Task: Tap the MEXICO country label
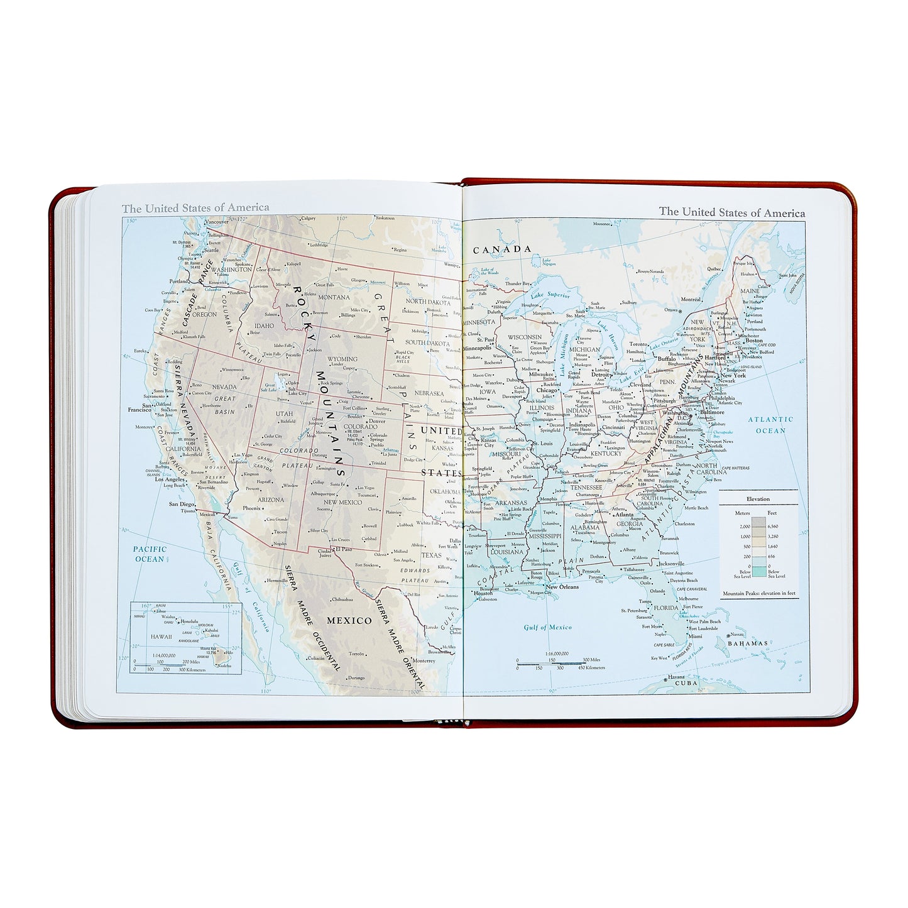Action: click(349, 620)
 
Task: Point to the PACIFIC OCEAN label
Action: click(150, 554)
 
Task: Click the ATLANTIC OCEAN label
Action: click(770, 425)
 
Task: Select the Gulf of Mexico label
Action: click(548, 627)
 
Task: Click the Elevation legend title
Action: click(758, 499)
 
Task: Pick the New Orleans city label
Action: click(561, 588)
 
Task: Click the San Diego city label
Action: click(182, 504)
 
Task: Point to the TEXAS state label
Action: click(432, 555)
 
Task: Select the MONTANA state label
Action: click(334, 297)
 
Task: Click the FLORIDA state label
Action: click(666, 608)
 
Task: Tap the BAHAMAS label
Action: click(747, 643)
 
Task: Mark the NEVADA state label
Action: click(224, 387)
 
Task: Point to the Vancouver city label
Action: click(217, 222)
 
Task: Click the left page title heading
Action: click(195, 207)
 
